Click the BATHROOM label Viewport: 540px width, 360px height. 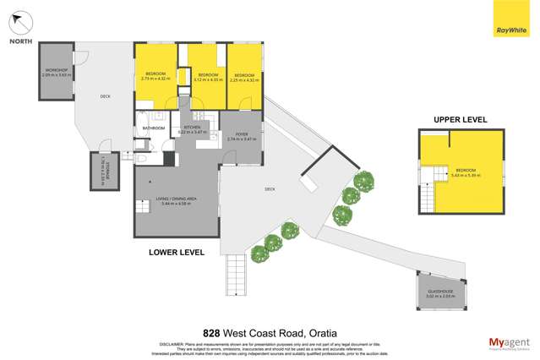pyautogui.click(x=153, y=128)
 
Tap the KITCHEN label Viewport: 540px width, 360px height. pyautogui.click(x=192, y=128)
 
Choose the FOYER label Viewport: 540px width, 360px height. pyautogui.click(x=241, y=133)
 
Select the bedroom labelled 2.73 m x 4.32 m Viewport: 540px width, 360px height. pyautogui.click(x=155, y=75)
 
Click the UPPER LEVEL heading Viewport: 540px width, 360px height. pyautogui.click(x=461, y=121)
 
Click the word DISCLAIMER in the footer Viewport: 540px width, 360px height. pyautogui.click(x=176, y=343)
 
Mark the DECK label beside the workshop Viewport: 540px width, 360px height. pyautogui.click(x=105, y=96)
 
